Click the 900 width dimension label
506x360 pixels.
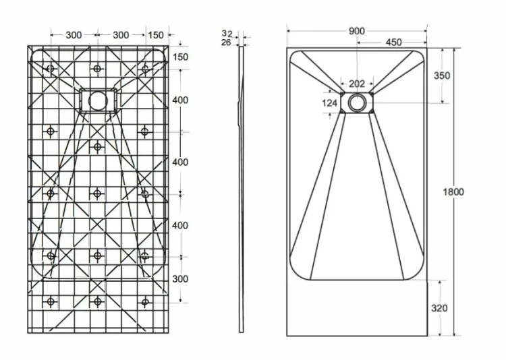(x=357, y=31)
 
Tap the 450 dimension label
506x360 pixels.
(x=394, y=42)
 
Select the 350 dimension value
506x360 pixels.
(x=442, y=76)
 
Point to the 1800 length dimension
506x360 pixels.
(x=453, y=192)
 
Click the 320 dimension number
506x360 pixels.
(x=439, y=308)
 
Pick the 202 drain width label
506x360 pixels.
(x=357, y=84)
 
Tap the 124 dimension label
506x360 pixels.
(x=329, y=103)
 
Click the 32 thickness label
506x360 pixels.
(x=227, y=33)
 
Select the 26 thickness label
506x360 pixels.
(x=226, y=42)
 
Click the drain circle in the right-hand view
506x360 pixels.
(x=357, y=102)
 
